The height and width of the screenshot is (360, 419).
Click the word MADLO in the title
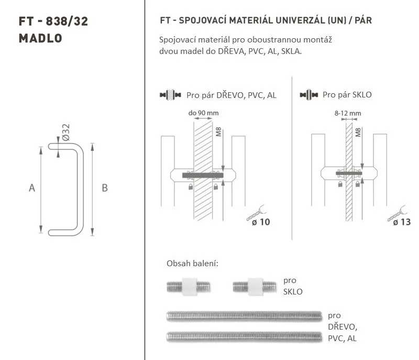coord(40,38)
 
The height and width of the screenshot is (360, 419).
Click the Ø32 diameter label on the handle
coord(66,132)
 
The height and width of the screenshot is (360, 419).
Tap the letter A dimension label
coord(32,188)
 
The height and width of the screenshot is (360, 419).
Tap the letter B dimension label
coord(105,188)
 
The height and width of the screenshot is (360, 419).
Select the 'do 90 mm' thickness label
coord(203,113)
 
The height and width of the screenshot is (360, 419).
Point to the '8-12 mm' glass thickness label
coord(348,113)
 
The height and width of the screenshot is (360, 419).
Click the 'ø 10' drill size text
coord(261,222)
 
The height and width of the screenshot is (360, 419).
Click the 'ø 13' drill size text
coord(402,222)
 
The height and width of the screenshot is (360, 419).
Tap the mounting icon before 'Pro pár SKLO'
coord(309,95)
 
